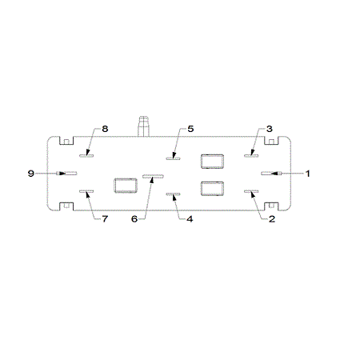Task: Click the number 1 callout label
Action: coord(307,174)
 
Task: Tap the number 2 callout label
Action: coord(272,219)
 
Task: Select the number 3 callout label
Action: coord(270,129)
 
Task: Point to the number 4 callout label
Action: coord(190,219)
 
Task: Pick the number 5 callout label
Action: coord(190,129)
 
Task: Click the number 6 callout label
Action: coord(134,219)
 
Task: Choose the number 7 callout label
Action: coord(105,219)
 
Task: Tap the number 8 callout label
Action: coord(105,129)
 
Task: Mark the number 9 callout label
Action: coord(31,174)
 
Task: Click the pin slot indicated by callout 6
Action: coord(153,176)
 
